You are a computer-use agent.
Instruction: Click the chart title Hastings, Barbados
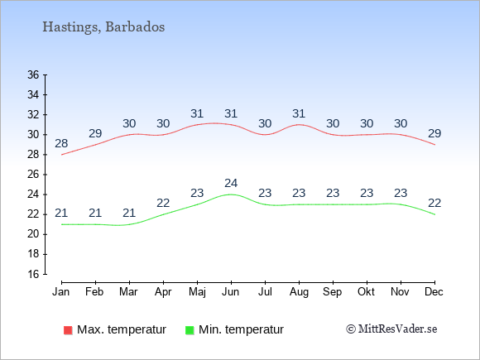(103, 27)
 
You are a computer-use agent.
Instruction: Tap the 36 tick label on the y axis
(33, 74)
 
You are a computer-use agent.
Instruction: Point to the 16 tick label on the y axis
(33, 274)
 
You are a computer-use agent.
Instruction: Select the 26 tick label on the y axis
(33, 175)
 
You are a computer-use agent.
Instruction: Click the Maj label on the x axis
(197, 292)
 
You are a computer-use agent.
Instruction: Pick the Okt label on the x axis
(367, 292)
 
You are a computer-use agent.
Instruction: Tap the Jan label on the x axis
(61, 292)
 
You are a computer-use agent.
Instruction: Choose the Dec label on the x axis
(434, 292)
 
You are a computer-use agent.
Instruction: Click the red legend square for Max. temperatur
(68, 330)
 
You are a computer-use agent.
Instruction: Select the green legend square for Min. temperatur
(190, 330)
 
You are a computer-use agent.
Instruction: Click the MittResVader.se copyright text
(391, 329)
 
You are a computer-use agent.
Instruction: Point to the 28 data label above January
(61, 143)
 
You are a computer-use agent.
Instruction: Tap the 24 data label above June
(231, 183)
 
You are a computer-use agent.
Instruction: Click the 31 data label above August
(299, 113)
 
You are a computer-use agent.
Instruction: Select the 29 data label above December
(434, 133)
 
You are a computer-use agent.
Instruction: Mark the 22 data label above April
(163, 203)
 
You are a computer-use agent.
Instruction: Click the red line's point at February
(95, 145)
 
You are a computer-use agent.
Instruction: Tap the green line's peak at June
(231, 194)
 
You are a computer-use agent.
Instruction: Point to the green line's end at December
(434, 214)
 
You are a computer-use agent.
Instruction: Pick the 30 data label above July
(265, 123)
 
